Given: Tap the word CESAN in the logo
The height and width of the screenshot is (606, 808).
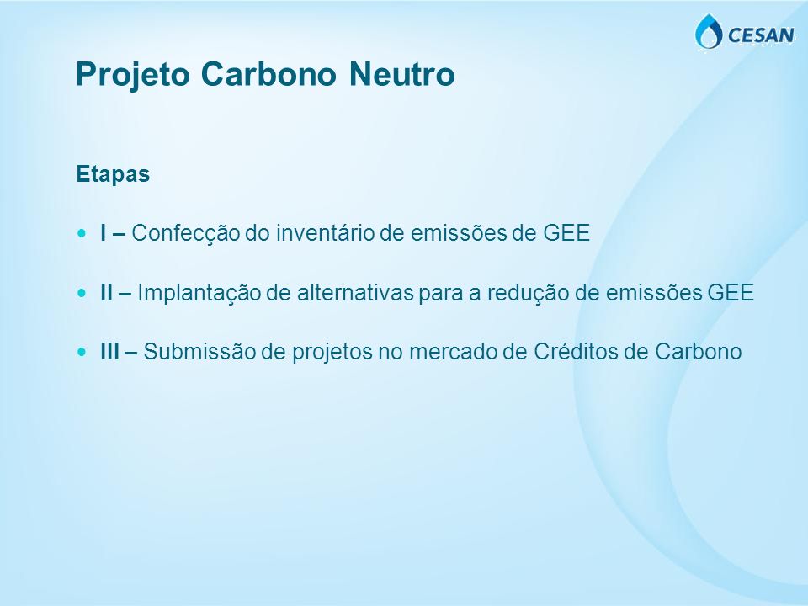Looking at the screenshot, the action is coord(761,35).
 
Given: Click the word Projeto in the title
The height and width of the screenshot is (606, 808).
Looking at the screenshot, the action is coord(133,75).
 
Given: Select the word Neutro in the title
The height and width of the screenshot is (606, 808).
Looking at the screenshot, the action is coord(402,73).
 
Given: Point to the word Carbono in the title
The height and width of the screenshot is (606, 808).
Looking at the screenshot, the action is coord(268,73).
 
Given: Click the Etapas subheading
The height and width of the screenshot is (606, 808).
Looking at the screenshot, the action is coord(113,175).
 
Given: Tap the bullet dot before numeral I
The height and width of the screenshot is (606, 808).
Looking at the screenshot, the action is coord(82,233).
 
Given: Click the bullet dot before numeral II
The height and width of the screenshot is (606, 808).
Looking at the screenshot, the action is coord(82,293).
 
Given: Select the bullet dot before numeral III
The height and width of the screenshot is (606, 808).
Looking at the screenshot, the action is coord(82,352).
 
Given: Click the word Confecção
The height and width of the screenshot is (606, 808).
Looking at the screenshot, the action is coord(185,234).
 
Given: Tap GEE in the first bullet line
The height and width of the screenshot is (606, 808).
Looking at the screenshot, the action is coord(566,233).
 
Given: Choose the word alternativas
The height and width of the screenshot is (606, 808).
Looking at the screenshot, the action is coord(355,293).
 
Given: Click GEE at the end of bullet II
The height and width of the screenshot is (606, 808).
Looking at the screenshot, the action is coord(731,293).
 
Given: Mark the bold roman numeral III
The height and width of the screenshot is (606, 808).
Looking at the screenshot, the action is coord(109,352).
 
